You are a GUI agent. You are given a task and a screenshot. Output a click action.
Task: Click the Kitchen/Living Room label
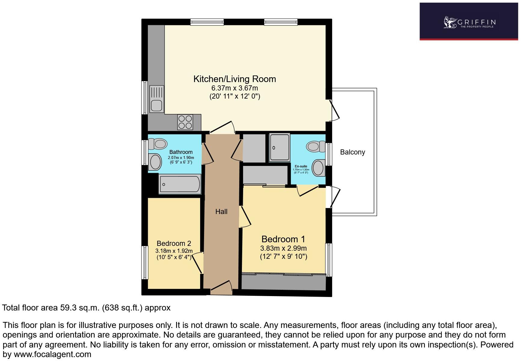point(234,79)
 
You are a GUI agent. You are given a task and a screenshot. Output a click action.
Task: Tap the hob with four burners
point(185,122)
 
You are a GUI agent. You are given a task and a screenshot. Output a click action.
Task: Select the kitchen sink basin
point(157,106)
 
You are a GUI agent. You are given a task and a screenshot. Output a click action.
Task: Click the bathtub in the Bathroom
point(180,184)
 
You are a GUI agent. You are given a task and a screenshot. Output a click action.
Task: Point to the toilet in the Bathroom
point(158,144)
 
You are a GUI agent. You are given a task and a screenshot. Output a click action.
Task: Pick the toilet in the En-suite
point(315,146)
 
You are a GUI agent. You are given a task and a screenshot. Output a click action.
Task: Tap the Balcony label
point(352,152)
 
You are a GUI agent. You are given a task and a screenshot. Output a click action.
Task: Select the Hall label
point(221,212)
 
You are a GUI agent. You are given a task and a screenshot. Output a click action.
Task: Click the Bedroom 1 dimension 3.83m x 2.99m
point(283,248)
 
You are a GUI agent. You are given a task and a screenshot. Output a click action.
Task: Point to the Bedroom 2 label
point(174,243)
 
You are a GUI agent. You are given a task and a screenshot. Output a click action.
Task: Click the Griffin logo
point(469,22)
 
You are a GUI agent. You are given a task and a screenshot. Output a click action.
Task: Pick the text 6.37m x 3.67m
point(234,88)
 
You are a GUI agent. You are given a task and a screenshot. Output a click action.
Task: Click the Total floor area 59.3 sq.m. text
point(86,308)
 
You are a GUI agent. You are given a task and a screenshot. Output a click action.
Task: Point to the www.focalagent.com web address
point(52,354)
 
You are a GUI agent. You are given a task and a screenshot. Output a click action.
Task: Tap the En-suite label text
point(301,166)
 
